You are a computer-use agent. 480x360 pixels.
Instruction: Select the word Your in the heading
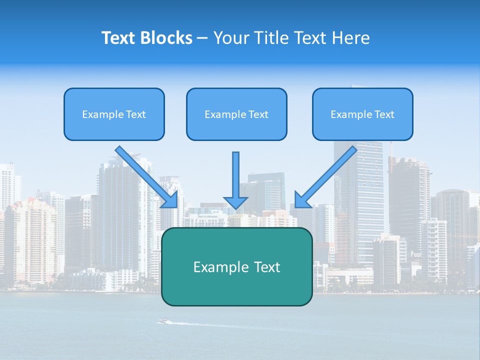(230, 38)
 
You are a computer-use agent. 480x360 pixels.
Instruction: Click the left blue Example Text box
(114, 114)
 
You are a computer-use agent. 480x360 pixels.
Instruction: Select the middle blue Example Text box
(236, 114)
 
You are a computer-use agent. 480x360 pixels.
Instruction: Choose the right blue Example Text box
(362, 114)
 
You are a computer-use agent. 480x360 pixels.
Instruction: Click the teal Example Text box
(236, 267)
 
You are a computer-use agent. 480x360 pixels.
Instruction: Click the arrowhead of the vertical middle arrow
(235, 202)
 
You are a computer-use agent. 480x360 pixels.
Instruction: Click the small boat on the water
(163, 321)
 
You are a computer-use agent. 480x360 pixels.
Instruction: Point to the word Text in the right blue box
(384, 114)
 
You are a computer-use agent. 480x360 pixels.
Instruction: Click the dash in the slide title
(202, 38)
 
